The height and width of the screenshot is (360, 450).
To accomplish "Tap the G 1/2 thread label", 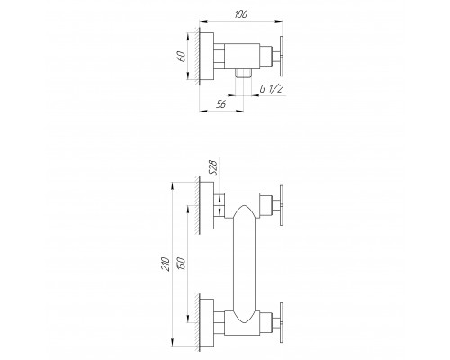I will click(x=273, y=88).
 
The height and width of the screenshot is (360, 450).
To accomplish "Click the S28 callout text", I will click(x=212, y=168).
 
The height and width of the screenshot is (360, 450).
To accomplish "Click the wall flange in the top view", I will click(x=204, y=56).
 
